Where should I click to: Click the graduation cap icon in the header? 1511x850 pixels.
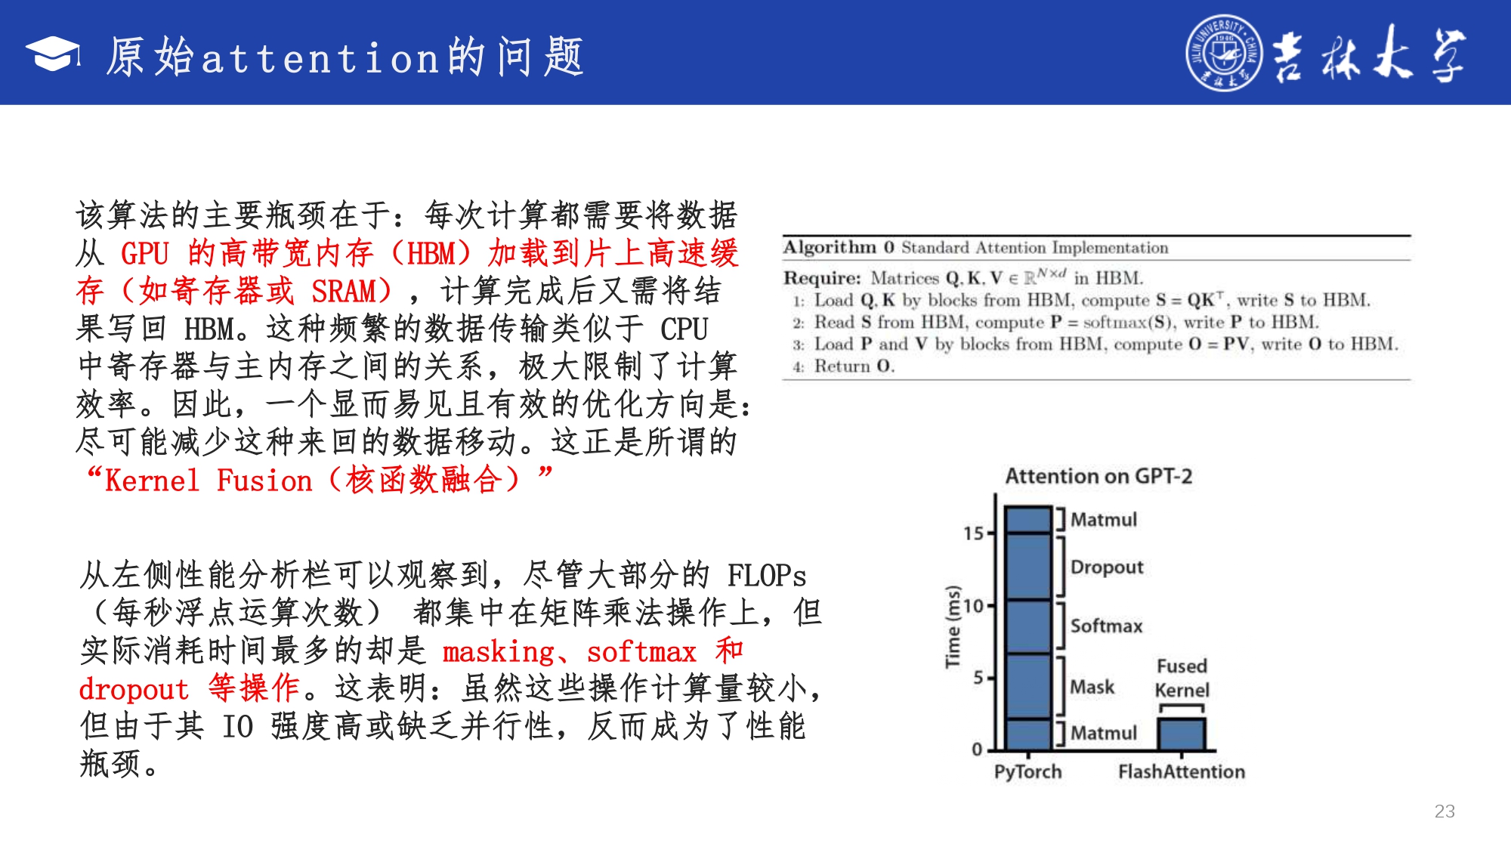click(x=53, y=54)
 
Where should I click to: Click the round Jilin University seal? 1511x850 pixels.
click(x=1224, y=53)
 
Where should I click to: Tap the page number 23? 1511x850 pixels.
click(x=1445, y=811)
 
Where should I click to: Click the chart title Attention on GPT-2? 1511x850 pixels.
click(x=1098, y=476)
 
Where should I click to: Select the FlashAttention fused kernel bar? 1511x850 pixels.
click(x=1182, y=734)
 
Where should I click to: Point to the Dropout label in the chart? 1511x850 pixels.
click(x=1107, y=567)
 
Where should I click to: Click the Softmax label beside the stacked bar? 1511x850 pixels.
click(x=1106, y=626)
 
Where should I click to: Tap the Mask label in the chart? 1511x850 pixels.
click(x=1092, y=687)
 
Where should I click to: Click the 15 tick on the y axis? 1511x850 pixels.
click(x=973, y=533)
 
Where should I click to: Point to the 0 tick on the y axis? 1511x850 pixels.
click(x=977, y=750)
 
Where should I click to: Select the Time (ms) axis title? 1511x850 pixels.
click(x=953, y=626)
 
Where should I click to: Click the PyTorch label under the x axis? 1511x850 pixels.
click(x=1027, y=772)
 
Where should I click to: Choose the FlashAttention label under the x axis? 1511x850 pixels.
click(x=1182, y=771)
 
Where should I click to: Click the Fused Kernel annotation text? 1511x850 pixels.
click(x=1182, y=678)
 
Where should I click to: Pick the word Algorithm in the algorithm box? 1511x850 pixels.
click(x=830, y=248)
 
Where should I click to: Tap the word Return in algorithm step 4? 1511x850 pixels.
click(x=842, y=366)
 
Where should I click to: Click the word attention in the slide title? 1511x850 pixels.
click(x=320, y=58)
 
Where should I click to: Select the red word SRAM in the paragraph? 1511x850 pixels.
click(x=345, y=291)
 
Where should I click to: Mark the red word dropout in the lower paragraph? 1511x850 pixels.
click(x=134, y=689)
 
